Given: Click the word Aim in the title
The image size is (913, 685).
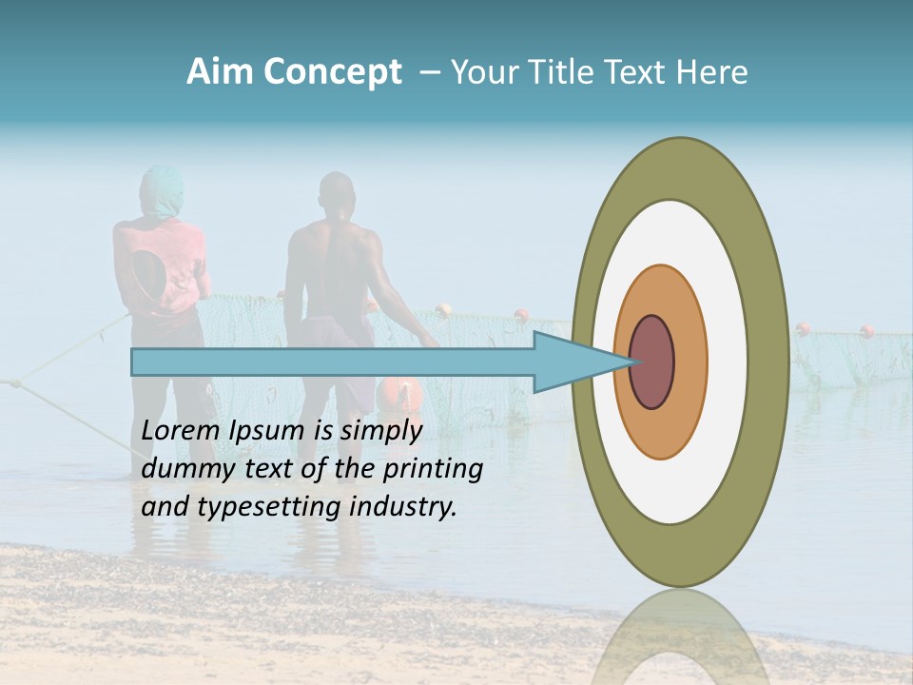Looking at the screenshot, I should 220,72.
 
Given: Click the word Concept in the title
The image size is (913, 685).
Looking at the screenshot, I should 332,72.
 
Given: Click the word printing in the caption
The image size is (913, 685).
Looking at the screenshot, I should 432,469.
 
